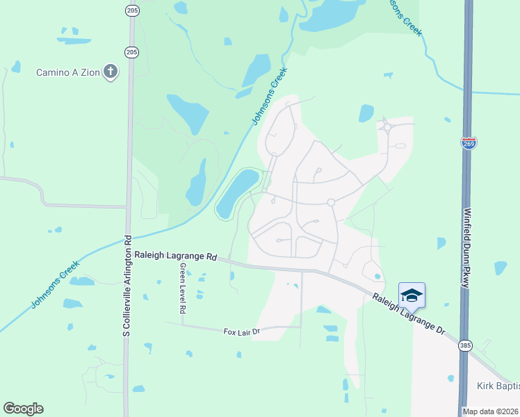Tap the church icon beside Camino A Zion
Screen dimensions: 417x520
[110, 72]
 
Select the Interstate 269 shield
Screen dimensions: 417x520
[469, 143]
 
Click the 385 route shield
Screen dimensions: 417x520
[466, 345]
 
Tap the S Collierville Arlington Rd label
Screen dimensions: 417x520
[127, 286]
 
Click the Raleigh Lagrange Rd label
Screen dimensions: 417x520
[176, 256]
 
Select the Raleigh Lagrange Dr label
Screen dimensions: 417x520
[407, 315]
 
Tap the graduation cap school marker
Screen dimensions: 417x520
[412, 295]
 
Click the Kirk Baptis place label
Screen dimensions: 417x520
[498, 386]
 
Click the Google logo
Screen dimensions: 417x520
[23, 409]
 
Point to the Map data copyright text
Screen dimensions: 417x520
[491, 411]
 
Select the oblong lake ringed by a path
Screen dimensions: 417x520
[236, 193]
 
